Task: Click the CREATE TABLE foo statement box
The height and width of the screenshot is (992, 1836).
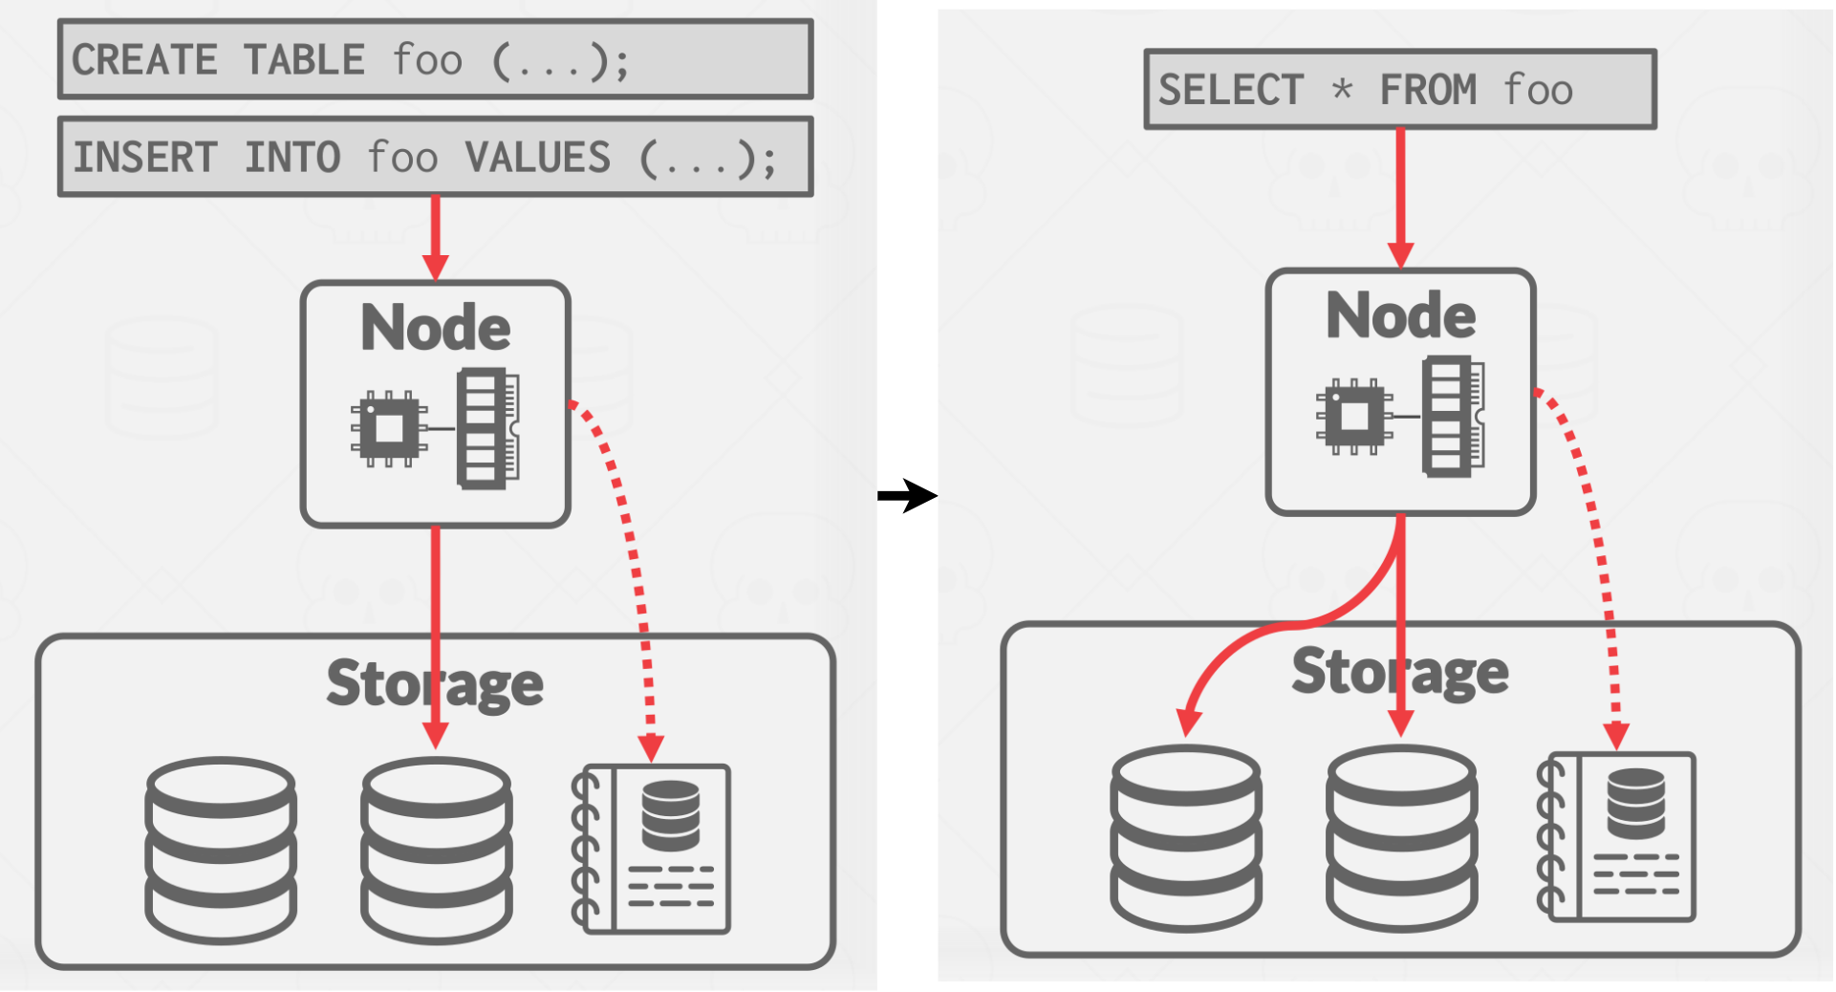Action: pyautogui.click(x=435, y=59)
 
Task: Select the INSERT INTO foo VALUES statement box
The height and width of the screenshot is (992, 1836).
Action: pyautogui.click(x=435, y=157)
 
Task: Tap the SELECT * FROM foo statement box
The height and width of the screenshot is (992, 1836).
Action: pyautogui.click(x=1399, y=89)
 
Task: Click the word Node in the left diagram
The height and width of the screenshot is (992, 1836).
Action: pyautogui.click(x=435, y=328)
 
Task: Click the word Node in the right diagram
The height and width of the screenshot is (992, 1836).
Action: pyautogui.click(x=1400, y=315)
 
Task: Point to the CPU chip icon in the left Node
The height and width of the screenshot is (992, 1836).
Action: pyautogui.click(x=388, y=428)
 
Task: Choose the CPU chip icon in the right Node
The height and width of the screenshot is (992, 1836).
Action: pyautogui.click(x=1353, y=416)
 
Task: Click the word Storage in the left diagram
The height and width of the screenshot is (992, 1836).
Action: pyautogui.click(x=435, y=684)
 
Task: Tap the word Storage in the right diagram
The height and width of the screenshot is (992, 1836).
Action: pyautogui.click(x=1400, y=672)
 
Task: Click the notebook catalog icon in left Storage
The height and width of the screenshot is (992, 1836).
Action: pyautogui.click(x=653, y=849)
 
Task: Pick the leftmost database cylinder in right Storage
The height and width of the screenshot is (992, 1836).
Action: pyautogui.click(x=1186, y=837)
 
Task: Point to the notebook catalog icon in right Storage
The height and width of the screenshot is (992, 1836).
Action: pyautogui.click(x=1617, y=837)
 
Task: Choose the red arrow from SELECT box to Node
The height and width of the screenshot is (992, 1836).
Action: pyautogui.click(x=1400, y=197)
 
